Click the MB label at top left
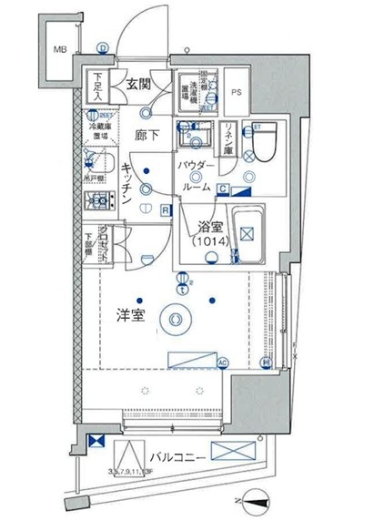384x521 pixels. click(58, 49)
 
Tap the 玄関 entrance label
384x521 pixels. click(137, 85)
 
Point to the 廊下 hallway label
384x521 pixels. click(148, 134)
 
